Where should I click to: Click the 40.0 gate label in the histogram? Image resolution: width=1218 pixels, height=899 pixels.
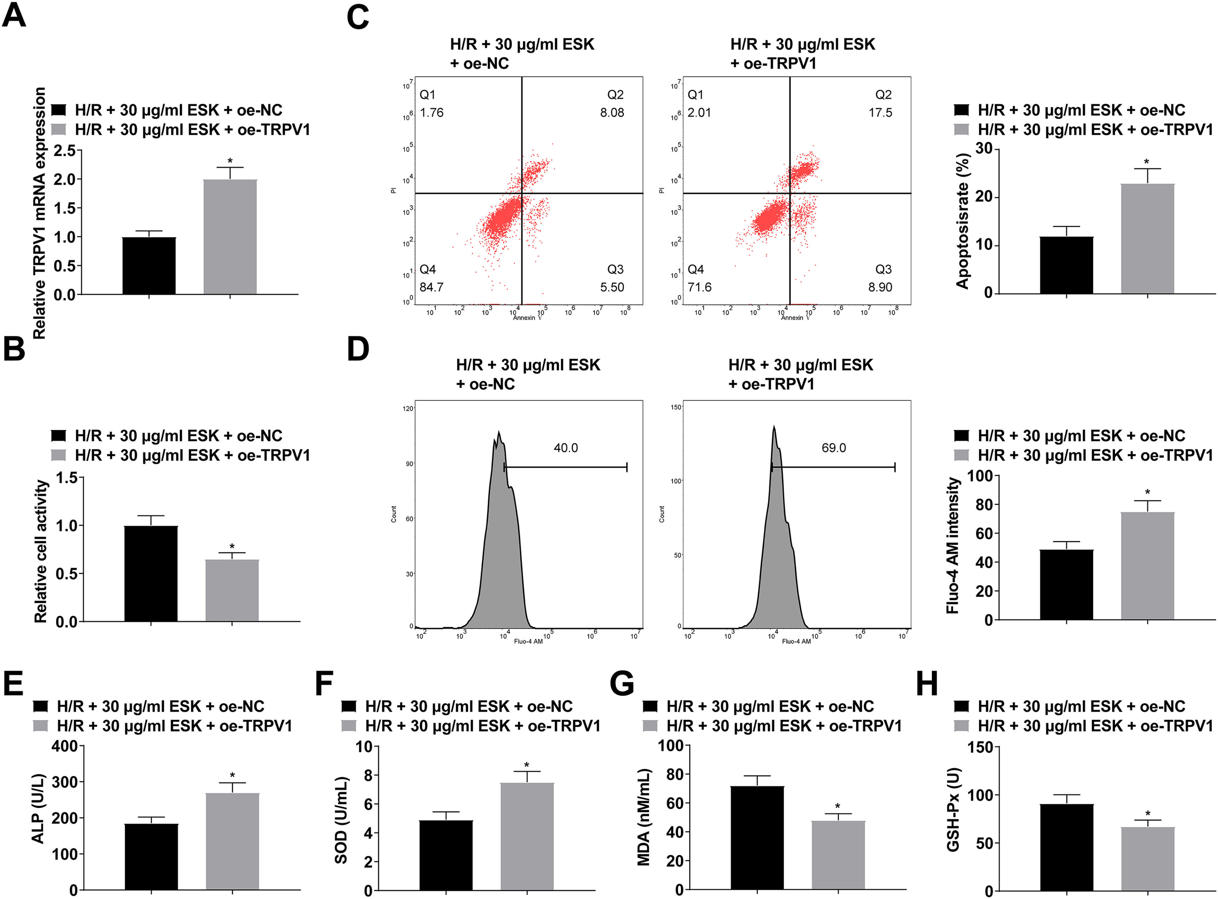[565, 448]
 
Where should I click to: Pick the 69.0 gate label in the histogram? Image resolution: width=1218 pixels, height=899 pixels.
[833, 448]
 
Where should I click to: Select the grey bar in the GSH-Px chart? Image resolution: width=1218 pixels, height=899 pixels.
[1147, 858]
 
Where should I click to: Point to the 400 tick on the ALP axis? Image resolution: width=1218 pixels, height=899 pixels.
[64, 746]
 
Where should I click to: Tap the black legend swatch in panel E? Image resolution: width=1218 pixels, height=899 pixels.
[41, 706]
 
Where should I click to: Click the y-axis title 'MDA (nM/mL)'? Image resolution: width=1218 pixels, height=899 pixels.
[644, 817]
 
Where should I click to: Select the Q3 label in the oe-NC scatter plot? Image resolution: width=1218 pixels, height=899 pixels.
[615, 269]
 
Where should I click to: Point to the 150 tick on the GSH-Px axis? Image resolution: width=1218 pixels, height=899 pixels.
[980, 747]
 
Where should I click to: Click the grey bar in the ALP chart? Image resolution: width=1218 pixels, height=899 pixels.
[232, 841]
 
